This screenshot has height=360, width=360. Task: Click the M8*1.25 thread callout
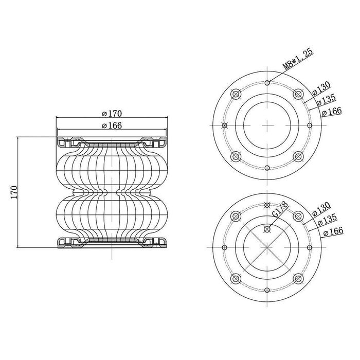tap(298, 59)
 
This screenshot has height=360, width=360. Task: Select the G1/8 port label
tap(280, 209)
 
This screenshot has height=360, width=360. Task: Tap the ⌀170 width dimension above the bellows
tap(112, 114)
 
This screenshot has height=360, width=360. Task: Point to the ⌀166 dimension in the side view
tap(112, 125)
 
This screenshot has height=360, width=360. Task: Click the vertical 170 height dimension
tap(14, 192)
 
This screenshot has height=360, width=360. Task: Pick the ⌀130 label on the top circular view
tap(321, 88)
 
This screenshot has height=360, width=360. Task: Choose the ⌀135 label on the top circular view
tap(326, 100)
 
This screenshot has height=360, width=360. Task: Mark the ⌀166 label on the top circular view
tap(332, 112)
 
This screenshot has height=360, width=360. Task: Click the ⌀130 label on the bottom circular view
tap(321, 209)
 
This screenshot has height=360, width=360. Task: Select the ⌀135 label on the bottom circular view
tap(327, 220)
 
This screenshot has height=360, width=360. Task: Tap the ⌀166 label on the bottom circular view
tap(333, 231)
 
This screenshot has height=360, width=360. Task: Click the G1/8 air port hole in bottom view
tap(267, 229)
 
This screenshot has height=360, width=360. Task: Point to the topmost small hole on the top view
tap(267, 83)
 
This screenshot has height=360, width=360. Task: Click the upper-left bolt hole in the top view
tap(236, 94)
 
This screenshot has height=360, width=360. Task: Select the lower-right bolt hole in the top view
tap(298, 156)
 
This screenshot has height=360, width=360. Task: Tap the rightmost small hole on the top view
tap(310, 125)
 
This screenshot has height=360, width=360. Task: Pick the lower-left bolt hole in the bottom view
tap(236, 279)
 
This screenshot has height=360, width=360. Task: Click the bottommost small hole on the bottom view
tap(267, 290)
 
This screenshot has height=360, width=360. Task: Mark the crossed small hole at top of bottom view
tap(267, 205)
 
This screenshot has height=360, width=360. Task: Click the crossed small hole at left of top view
tap(225, 125)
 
